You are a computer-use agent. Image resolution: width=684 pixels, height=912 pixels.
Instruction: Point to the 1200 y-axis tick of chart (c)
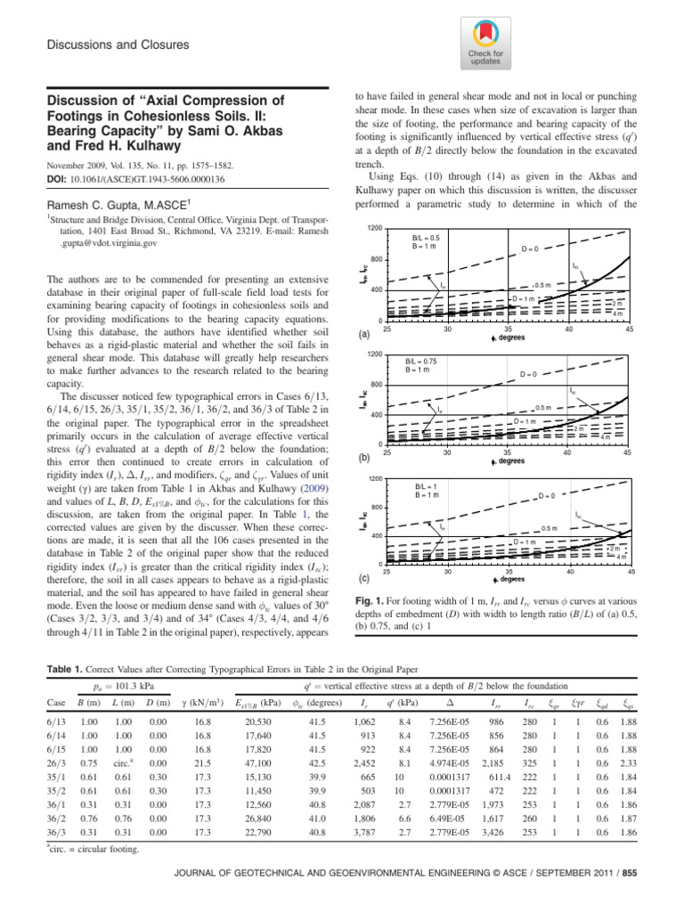click(x=377, y=479)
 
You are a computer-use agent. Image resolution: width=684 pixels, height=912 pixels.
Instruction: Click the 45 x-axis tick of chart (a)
click(x=630, y=329)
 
